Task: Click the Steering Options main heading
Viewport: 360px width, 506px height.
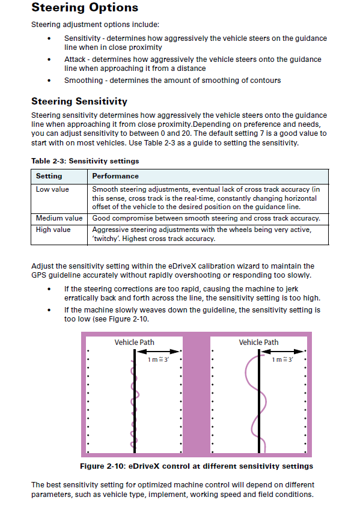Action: (x=85, y=8)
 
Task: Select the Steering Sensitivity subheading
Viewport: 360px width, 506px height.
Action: (x=79, y=102)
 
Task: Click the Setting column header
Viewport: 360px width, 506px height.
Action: (x=49, y=176)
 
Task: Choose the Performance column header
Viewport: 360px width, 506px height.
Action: (x=115, y=176)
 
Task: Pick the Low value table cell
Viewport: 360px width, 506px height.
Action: (x=52, y=189)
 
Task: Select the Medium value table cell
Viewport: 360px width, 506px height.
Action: (x=59, y=218)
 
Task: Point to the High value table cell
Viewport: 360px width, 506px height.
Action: (x=53, y=230)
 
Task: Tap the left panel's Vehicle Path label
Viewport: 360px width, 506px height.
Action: (x=134, y=342)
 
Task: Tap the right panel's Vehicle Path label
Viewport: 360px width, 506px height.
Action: (x=258, y=342)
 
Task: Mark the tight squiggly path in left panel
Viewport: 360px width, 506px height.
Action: (x=133, y=409)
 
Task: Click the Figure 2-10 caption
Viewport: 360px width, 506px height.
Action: (x=197, y=466)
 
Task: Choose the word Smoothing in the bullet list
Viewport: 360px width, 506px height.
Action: (x=83, y=81)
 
